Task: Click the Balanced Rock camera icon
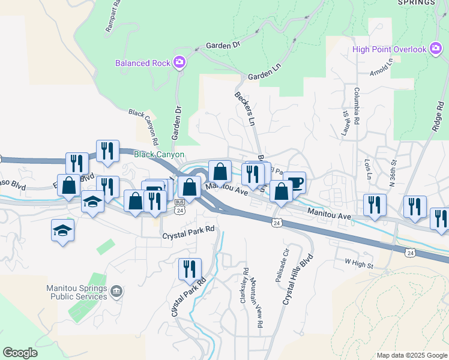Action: [179, 62]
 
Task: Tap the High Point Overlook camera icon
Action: [436, 50]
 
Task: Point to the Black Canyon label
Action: [159, 154]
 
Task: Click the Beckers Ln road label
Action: [244, 108]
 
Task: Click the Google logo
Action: [20, 352]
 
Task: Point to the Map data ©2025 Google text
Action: [411, 355]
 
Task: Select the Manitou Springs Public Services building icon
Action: [116, 292]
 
